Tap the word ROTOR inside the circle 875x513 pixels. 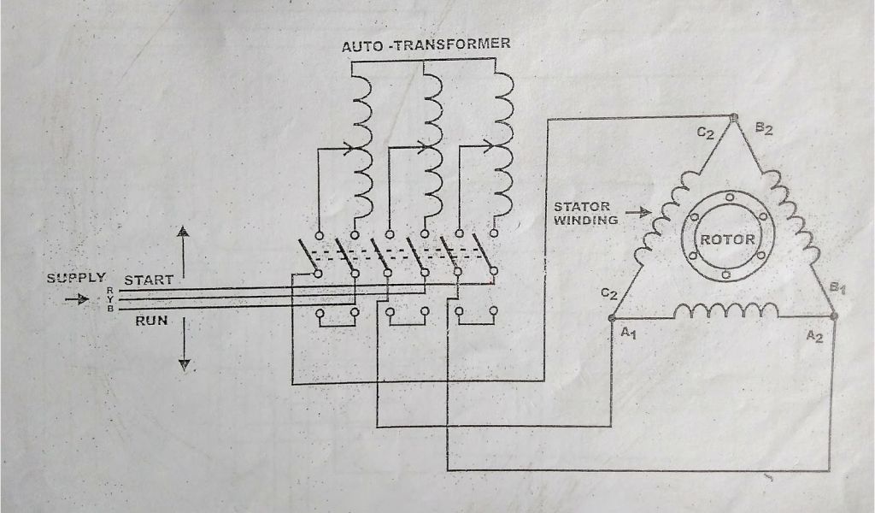coord(727,239)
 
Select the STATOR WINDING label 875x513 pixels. coord(585,214)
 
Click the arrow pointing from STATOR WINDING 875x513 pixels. coord(638,210)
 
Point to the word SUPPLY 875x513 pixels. coord(76,278)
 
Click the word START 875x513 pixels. coord(149,280)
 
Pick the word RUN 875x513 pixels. coord(151,321)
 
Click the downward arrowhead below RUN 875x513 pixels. coord(183,365)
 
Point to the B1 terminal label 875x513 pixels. coord(838,287)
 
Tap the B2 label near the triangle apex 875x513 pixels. coord(764,129)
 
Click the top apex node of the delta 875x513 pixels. coord(734,117)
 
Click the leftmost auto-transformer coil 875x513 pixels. coord(361,145)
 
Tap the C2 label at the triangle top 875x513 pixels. coord(705,133)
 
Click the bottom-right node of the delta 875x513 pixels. coord(834,316)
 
